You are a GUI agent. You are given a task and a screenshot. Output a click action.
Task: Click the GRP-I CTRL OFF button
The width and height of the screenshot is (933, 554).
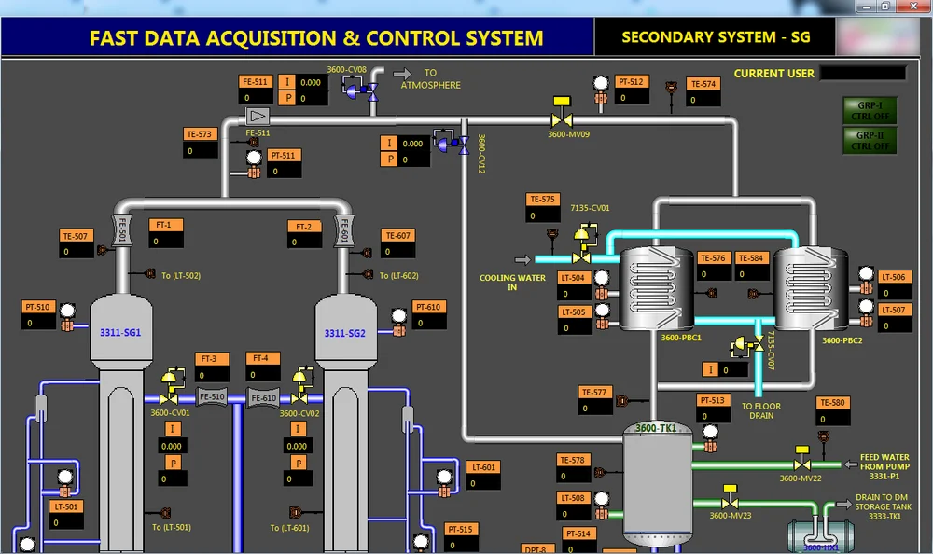pos(869,110)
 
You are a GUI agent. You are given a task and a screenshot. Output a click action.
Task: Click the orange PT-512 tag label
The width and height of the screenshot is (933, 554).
pos(632,82)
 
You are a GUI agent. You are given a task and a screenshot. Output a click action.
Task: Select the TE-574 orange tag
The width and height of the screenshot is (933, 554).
pos(703,84)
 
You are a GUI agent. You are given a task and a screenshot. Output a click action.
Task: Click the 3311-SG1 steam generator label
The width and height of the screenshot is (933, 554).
pos(120,333)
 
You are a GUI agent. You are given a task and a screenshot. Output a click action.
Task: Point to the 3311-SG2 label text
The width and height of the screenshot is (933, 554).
pos(344,333)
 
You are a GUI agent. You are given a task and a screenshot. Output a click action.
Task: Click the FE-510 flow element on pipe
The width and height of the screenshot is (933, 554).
pos(212,397)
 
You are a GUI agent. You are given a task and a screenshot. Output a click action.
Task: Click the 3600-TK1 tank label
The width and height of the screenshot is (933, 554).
pos(656,428)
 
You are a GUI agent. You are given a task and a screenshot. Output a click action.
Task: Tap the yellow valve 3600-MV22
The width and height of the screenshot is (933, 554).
pos(801,463)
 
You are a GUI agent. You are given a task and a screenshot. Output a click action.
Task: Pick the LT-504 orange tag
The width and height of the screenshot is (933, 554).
pos(575,278)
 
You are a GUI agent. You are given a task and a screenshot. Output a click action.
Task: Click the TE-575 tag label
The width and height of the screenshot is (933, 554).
pos(542,200)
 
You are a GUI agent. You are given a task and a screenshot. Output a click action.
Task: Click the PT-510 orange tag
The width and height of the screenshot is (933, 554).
pos(38,307)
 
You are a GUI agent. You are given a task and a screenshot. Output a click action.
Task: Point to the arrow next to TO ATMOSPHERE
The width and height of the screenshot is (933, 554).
pos(402,73)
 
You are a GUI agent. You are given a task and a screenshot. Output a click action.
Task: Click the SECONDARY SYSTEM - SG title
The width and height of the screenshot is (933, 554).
pos(716,37)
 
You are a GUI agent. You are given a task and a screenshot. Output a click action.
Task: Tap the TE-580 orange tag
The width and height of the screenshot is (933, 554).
pos(832,403)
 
